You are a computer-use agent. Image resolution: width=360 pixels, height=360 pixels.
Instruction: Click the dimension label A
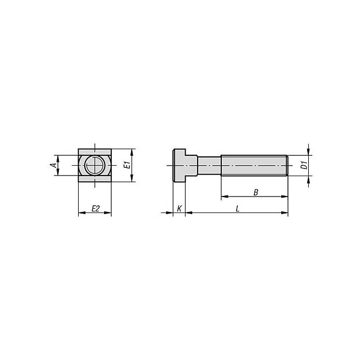[53, 165]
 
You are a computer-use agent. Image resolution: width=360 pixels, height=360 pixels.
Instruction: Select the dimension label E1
[127, 165]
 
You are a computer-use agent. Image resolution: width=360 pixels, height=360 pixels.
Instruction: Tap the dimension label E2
[96, 209]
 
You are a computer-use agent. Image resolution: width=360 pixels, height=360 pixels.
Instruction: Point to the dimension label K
[179, 209]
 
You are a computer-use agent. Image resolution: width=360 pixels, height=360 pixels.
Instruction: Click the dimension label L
[238, 209]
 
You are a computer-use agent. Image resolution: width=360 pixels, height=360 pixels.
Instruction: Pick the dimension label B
[256, 193]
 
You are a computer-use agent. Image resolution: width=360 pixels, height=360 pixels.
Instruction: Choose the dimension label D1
[304, 165]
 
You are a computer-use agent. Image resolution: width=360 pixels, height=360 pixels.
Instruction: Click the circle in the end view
[95, 165]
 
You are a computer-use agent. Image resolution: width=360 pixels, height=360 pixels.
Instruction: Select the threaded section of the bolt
[254, 165]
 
